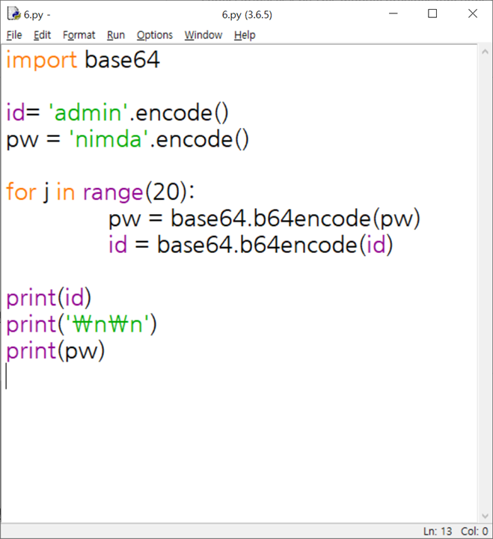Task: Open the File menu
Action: click(x=14, y=35)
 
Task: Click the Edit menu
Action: click(x=42, y=35)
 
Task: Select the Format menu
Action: click(x=79, y=35)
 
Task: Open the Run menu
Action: click(x=116, y=35)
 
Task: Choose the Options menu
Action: click(x=154, y=35)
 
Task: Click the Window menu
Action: click(x=203, y=35)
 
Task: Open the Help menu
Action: click(x=245, y=35)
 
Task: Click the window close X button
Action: click(x=472, y=13)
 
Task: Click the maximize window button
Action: click(x=432, y=13)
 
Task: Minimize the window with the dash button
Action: click(x=391, y=13)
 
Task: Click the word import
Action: click(x=41, y=60)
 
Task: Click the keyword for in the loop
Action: click(x=21, y=192)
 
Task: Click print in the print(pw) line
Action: click(x=31, y=350)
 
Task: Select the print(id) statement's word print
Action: click(x=31, y=298)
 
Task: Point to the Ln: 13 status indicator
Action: click(x=438, y=531)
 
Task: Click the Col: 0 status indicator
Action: click(x=475, y=531)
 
